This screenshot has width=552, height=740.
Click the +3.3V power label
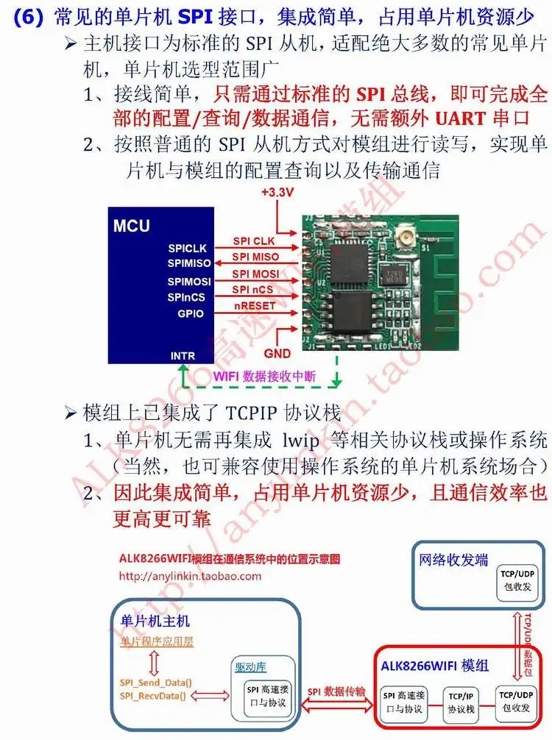tap(277, 193)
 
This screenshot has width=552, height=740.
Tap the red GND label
tap(277, 353)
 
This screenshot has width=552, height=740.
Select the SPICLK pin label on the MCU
tap(187, 249)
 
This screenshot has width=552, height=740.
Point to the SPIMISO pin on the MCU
tap(188, 263)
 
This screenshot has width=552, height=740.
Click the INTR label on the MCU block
tap(183, 356)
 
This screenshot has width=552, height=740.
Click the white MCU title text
tap(132, 225)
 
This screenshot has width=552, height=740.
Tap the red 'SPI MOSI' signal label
tap(255, 274)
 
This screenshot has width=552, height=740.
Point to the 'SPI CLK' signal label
tap(253, 241)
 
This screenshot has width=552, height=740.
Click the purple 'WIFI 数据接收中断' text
tap(264, 376)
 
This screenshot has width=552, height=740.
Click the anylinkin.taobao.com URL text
tap(189, 576)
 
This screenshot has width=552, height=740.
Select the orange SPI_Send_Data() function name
tap(155, 682)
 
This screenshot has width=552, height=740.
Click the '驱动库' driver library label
tap(250, 666)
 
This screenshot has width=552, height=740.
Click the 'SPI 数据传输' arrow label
tap(336, 691)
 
